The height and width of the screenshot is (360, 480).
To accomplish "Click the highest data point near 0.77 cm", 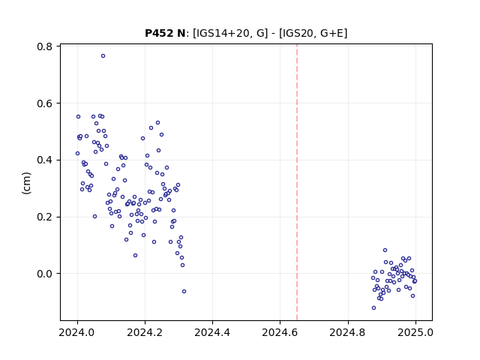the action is (103, 56).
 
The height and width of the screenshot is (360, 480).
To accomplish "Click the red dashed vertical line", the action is (297, 182).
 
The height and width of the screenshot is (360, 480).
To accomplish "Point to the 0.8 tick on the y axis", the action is (58, 46).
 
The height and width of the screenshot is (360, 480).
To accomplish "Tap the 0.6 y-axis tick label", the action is (44, 103).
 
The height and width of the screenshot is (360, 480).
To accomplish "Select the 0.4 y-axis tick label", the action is (44, 160).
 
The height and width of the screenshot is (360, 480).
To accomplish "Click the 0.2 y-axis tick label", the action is (44, 217).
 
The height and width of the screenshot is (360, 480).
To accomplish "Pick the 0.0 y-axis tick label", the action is (44, 274).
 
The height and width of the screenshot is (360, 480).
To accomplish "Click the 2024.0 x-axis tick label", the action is (77, 332).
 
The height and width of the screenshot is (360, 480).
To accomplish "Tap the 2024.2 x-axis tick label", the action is (145, 332).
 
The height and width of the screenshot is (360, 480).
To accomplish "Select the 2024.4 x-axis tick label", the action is (212, 332).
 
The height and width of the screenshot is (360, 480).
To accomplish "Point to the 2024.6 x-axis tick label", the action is (280, 332).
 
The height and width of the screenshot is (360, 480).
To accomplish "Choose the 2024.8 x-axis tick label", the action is (348, 332).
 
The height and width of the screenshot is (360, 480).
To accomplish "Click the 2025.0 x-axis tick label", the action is (415, 332).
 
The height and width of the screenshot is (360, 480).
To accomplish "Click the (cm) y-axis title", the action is (27, 183).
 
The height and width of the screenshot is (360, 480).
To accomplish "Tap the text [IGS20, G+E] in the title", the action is (313, 33).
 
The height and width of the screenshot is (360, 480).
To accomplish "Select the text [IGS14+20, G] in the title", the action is (230, 33).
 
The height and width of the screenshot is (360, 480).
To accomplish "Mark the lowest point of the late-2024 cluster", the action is (373, 308).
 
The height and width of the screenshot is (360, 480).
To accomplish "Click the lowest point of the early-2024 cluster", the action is (184, 292).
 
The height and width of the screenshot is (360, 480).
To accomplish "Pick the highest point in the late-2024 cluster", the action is (385, 250).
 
